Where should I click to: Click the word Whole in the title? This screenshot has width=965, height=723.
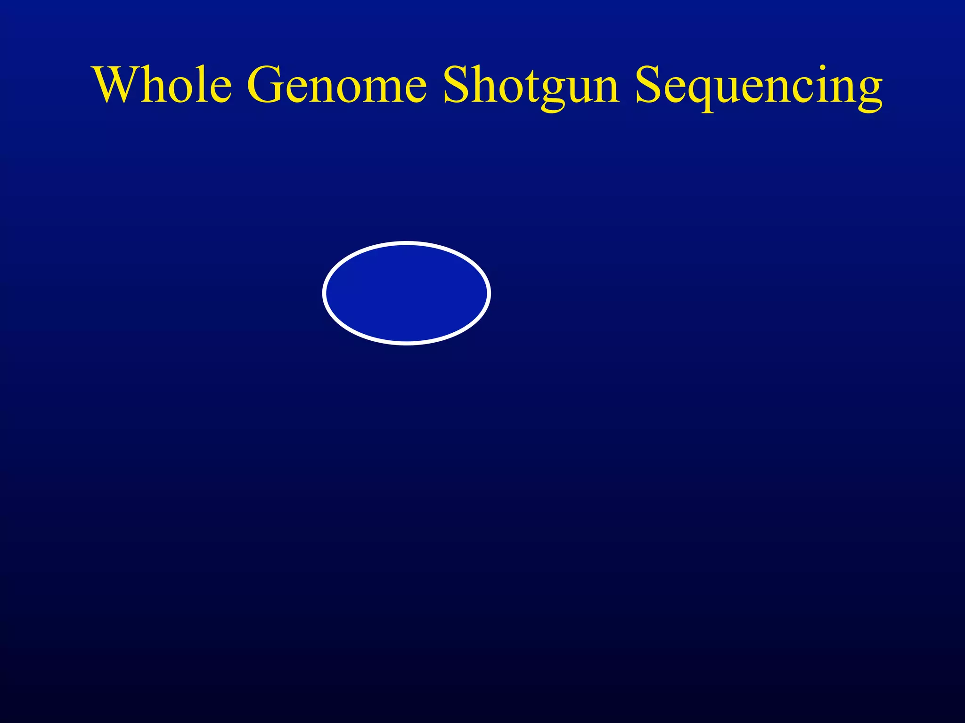click(x=163, y=85)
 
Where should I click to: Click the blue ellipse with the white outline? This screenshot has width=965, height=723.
click(x=407, y=293)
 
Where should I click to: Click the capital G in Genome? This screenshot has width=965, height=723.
click(x=266, y=85)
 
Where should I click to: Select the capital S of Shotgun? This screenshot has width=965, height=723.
click(x=456, y=85)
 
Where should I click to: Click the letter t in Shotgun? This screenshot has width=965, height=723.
click(x=525, y=87)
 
